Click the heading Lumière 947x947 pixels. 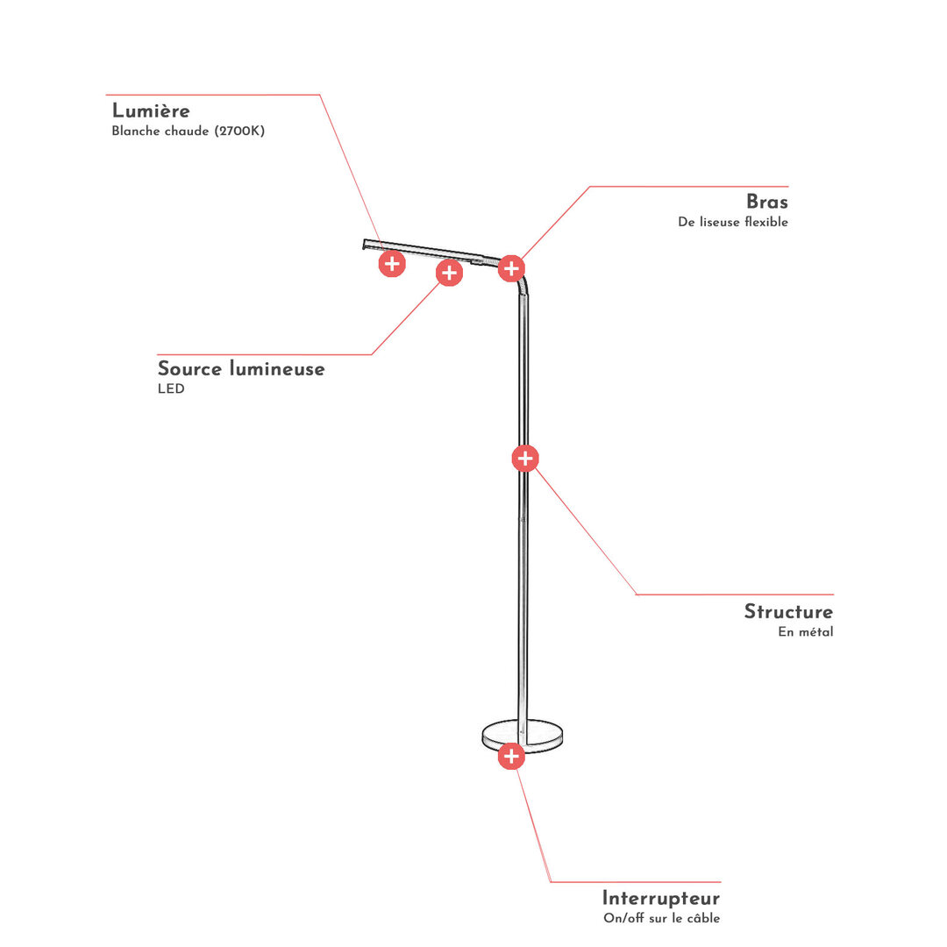(x=151, y=110)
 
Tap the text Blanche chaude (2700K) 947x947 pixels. (x=188, y=131)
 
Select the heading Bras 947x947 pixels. (x=767, y=201)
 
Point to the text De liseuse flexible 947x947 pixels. (x=732, y=222)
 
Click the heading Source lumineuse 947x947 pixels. (x=241, y=368)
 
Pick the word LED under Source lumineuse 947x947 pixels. (x=171, y=388)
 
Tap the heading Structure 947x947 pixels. (x=788, y=611)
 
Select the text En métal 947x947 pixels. (x=806, y=631)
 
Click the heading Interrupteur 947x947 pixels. (x=661, y=898)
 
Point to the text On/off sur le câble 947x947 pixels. (x=661, y=918)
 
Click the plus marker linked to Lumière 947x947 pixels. (x=392, y=263)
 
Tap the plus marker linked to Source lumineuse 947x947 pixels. (x=449, y=273)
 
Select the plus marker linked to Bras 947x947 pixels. (x=511, y=268)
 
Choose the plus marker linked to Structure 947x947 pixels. (x=525, y=459)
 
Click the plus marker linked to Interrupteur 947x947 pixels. (x=511, y=756)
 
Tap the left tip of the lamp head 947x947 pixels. (x=364, y=244)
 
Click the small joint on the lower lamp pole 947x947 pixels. (x=523, y=519)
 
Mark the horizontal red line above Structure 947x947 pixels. (x=735, y=595)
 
